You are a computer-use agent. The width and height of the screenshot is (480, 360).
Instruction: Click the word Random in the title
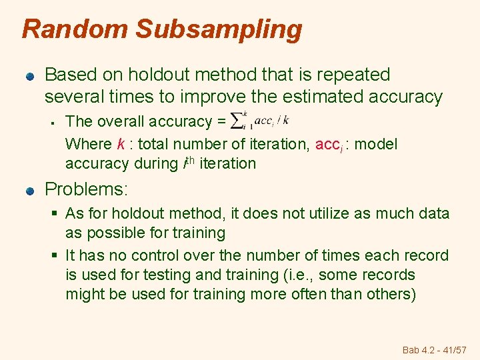[x=73, y=29]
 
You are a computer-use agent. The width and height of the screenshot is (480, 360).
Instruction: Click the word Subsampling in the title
[x=219, y=30]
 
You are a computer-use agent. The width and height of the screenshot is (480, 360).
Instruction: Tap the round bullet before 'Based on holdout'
[x=30, y=75]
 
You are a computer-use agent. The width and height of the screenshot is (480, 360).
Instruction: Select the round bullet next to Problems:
[x=30, y=190]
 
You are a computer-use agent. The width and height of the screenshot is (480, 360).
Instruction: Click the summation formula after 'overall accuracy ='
[x=259, y=120]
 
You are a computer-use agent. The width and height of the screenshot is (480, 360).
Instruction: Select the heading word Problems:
[x=85, y=189]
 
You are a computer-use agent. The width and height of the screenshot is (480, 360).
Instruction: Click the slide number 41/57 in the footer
[x=456, y=350]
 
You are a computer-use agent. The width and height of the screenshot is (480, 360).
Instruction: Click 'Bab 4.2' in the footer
[x=419, y=350]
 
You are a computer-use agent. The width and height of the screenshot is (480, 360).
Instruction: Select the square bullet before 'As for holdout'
[x=57, y=213]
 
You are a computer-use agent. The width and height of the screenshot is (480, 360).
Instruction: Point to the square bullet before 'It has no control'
[x=57, y=255]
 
